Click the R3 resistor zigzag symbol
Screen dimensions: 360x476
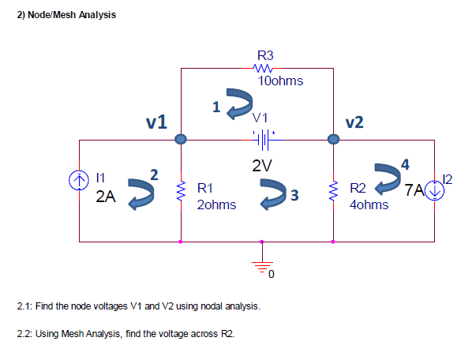click(265, 69)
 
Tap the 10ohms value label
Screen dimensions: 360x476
click(280, 81)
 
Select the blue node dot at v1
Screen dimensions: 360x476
click(181, 140)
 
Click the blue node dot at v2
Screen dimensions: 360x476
click(334, 140)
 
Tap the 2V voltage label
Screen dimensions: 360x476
click(262, 166)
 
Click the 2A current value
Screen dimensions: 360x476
click(105, 198)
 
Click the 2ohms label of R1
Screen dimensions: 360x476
click(216, 204)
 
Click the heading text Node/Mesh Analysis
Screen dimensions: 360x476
click(72, 15)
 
